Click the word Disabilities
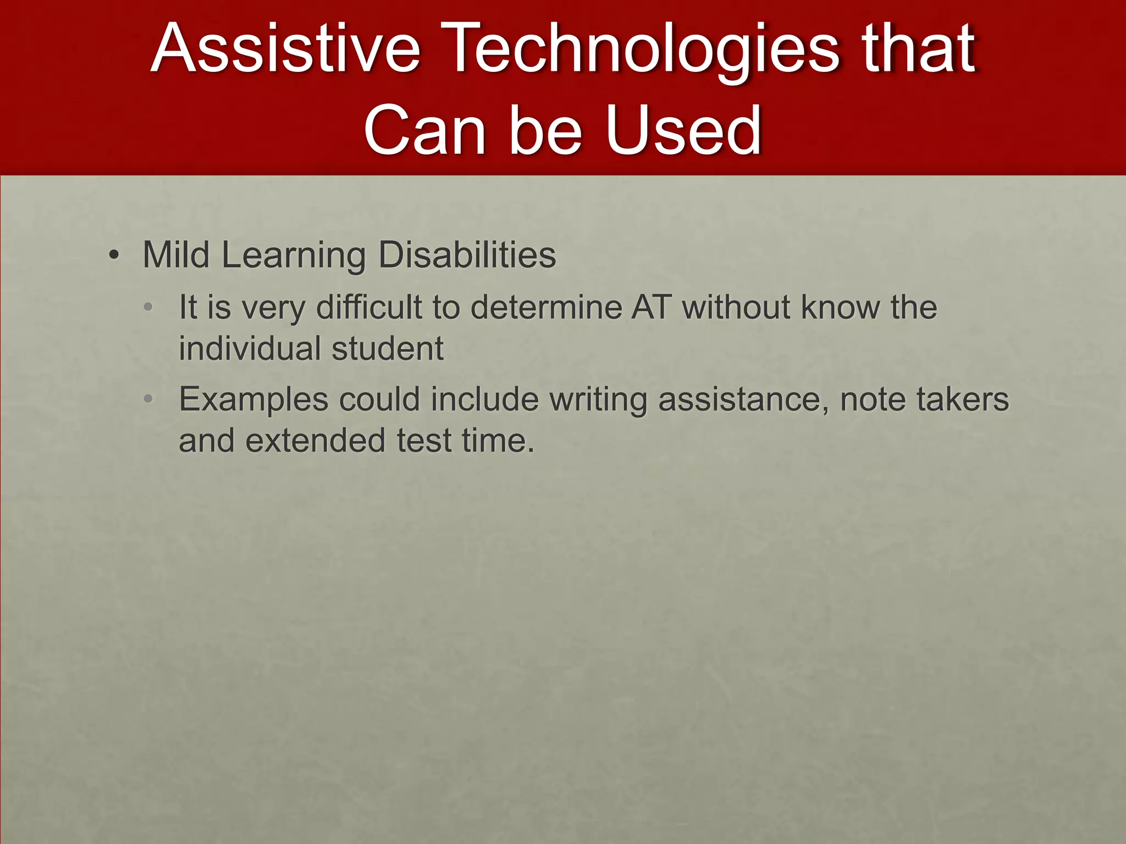tap(467, 255)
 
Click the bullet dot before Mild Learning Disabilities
tap(114, 256)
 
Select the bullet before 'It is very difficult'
tap(148, 307)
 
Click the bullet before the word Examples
tap(148, 399)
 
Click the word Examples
tap(253, 399)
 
